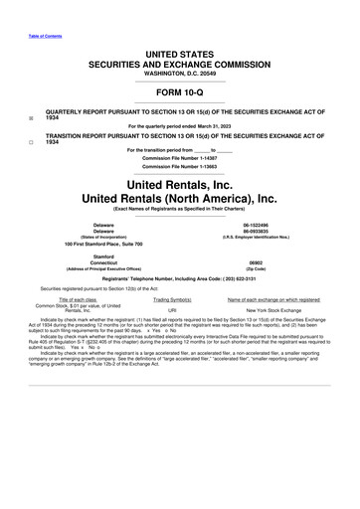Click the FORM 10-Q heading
pos(179,91)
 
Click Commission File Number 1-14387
pos(179,159)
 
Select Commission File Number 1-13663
pos(179,168)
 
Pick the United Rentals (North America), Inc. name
pos(179,199)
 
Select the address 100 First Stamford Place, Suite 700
pos(103,245)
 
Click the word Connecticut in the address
pos(103,263)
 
